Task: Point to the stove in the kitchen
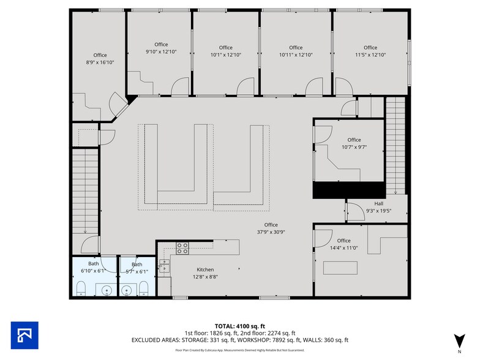click(182, 248)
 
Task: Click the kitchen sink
click(164, 264)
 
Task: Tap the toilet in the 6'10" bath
click(81, 289)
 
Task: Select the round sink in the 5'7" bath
click(127, 290)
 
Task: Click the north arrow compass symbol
click(459, 342)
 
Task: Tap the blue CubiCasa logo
click(24, 335)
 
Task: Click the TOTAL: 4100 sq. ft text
click(239, 325)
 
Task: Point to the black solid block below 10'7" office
click(348, 189)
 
